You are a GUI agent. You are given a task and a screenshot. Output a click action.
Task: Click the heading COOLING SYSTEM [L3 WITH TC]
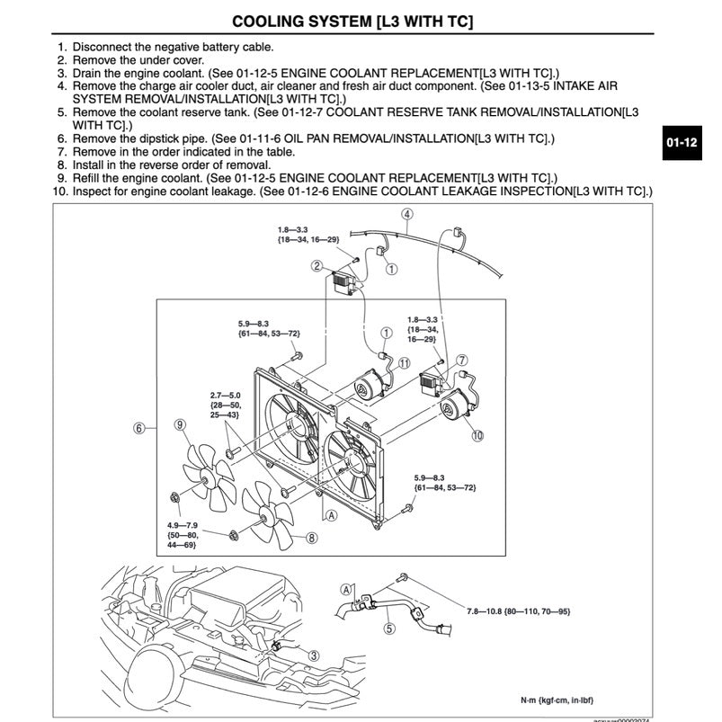(352, 21)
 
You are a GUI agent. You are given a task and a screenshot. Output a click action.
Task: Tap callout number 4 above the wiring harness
(407, 215)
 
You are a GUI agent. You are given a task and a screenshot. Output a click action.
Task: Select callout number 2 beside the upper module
(317, 265)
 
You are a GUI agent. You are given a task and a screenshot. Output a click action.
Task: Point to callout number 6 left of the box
(139, 428)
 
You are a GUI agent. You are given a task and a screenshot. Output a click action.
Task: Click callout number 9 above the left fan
(180, 425)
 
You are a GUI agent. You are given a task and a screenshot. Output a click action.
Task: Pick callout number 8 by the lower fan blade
(311, 539)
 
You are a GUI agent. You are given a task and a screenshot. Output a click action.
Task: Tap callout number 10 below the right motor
(477, 435)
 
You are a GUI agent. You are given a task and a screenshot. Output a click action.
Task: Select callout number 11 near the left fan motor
(404, 363)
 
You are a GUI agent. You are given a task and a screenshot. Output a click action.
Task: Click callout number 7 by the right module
(461, 361)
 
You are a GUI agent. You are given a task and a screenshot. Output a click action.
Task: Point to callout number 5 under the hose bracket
(388, 628)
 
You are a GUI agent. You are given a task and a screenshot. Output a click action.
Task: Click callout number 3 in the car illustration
(314, 655)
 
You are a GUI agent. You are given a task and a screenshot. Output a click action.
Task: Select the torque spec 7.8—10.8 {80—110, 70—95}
(519, 611)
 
